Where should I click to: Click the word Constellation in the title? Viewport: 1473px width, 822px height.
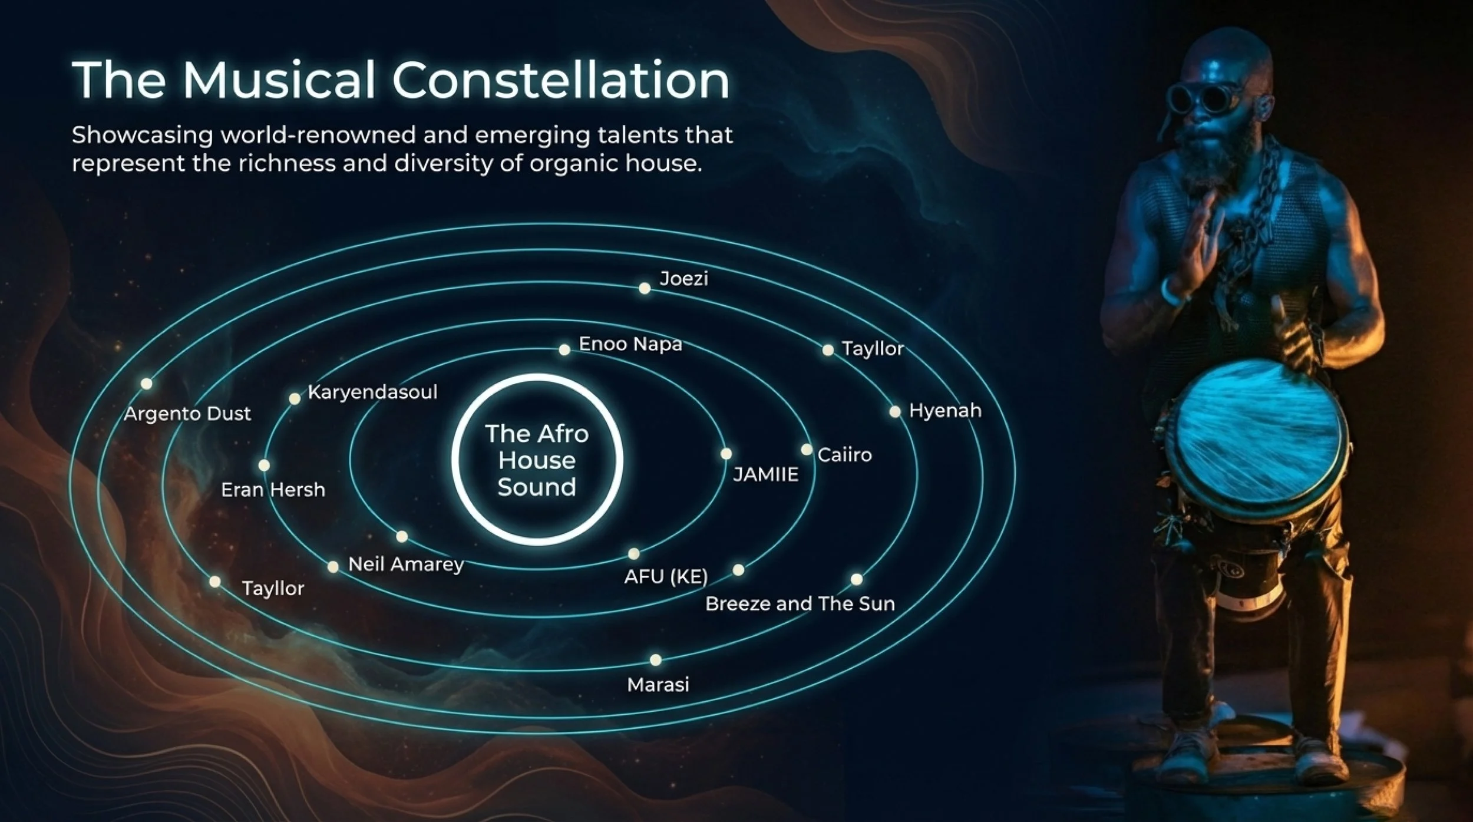pyautogui.click(x=561, y=80)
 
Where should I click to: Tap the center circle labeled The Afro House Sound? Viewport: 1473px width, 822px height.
pyautogui.click(x=537, y=460)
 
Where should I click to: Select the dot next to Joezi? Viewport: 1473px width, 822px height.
pyautogui.click(x=645, y=288)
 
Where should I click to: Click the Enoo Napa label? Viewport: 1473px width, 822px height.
pyautogui.click(x=630, y=344)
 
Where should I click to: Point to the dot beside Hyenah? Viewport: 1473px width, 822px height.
pyautogui.click(x=894, y=411)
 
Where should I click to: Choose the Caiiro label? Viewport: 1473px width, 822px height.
pyautogui.click(x=844, y=455)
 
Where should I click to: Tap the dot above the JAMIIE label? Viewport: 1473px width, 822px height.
pyautogui.click(x=726, y=454)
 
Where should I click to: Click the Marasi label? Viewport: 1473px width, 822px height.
pyautogui.click(x=658, y=684)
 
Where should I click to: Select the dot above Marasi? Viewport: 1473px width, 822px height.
pyautogui.click(x=655, y=659)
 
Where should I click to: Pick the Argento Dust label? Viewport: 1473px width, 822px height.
pyautogui.click(x=187, y=414)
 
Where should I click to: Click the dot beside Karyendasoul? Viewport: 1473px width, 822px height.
pyautogui.click(x=295, y=398)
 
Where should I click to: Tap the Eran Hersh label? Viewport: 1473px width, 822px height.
pyautogui.click(x=273, y=490)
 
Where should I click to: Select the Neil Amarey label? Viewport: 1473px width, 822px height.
pyautogui.click(x=406, y=564)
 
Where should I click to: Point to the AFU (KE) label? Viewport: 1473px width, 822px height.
pyautogui.click(x=666, y=576)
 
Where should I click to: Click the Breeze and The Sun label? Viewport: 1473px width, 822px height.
pyautogui.click(x=800, y=603)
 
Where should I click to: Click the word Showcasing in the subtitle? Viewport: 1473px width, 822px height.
pyautogui.click(x=142, y=136)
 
